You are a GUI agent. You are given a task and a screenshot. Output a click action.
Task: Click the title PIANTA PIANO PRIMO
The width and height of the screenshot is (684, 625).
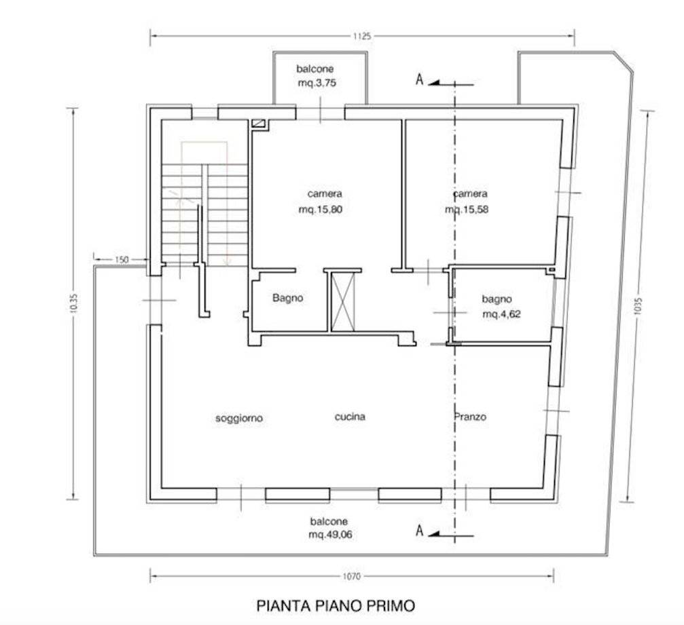[x=335, y=605]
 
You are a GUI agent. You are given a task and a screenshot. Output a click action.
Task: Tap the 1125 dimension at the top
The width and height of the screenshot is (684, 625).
[x=362, y=37]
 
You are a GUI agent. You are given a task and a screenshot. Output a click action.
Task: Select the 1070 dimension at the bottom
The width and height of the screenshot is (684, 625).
[x=351, y=577]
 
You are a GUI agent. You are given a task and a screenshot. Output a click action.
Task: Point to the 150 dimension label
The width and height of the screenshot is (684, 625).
[x=122, y=259]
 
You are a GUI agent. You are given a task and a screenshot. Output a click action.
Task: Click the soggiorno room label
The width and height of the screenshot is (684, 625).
[x=239, y=419]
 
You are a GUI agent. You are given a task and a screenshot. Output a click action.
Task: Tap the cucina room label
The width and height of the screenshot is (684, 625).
[x=350, y=417]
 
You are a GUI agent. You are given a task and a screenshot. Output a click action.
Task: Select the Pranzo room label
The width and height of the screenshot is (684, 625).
[x=470, y=417]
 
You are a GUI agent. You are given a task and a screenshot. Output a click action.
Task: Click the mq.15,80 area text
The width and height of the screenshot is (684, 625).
[x=320, y=210]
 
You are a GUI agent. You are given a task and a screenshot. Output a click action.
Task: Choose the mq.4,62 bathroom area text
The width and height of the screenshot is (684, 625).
[x=502, y=314]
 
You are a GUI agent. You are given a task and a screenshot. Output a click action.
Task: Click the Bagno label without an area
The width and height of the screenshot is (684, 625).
[x=287, y=298]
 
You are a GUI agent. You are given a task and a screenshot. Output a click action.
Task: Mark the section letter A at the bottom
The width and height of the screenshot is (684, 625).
[x=420, y=531]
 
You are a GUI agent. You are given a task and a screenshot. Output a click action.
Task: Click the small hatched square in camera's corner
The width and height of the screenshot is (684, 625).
[x=257, y=124]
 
